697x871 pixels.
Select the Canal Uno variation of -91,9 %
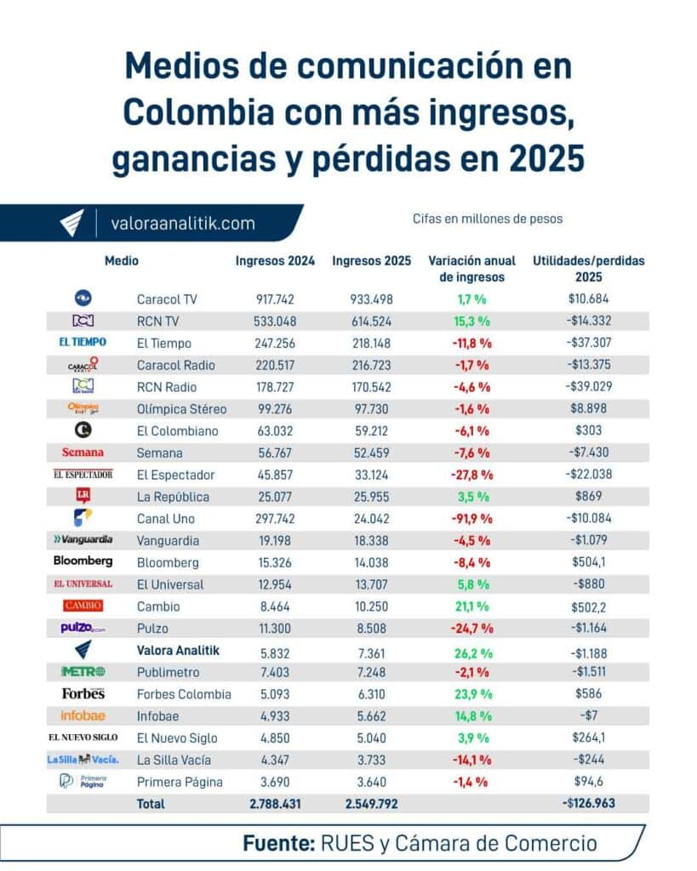coord(471,518)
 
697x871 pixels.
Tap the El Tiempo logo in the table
coord(83,343)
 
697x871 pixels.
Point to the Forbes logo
coord(83,693)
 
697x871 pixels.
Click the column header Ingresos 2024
coord(275,261)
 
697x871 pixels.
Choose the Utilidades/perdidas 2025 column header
coord(588,269)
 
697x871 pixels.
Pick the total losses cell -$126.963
coord(588,803)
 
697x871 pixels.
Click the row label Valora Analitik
coord(178,650)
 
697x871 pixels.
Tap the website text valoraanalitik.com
coord(182,224)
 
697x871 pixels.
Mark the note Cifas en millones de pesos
coord(487,219)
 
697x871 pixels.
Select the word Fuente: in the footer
coord(278,844)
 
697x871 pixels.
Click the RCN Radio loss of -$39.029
coord(588,387)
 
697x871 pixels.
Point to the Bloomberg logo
coord(83,561)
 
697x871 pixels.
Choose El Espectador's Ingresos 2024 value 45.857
coord(275,475)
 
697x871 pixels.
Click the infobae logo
coord(83,715)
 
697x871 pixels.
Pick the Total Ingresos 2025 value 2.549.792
coord(371,803)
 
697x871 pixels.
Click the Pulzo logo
coord(83,628)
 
